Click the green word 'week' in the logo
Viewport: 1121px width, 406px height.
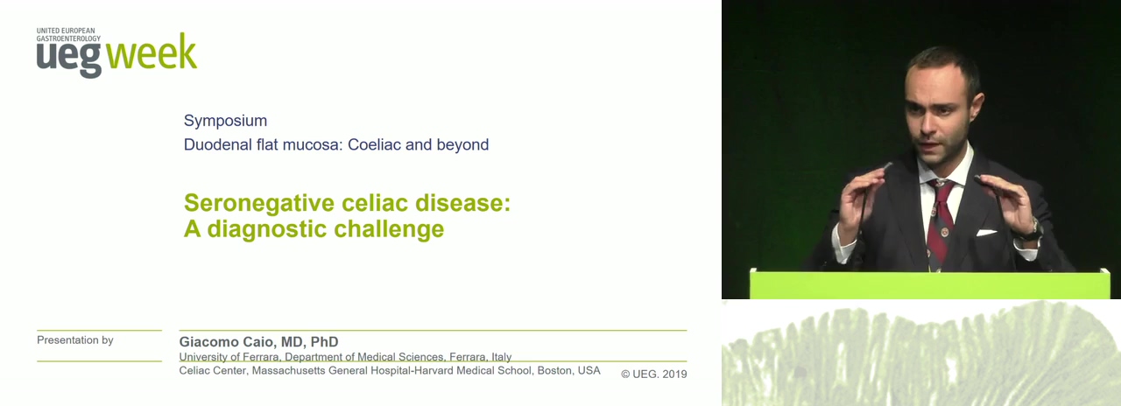152,52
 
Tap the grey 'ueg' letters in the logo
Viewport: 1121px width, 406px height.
69,58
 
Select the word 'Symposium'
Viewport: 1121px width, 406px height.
225,121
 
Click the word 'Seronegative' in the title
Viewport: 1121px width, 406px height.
259,202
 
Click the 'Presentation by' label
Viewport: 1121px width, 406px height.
75,340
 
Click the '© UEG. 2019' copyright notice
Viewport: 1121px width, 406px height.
654,374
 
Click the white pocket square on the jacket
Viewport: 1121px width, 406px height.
986,233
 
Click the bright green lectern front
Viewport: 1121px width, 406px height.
929,284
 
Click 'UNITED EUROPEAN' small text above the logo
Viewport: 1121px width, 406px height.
66,31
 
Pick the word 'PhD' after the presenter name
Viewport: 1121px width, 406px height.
324,342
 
